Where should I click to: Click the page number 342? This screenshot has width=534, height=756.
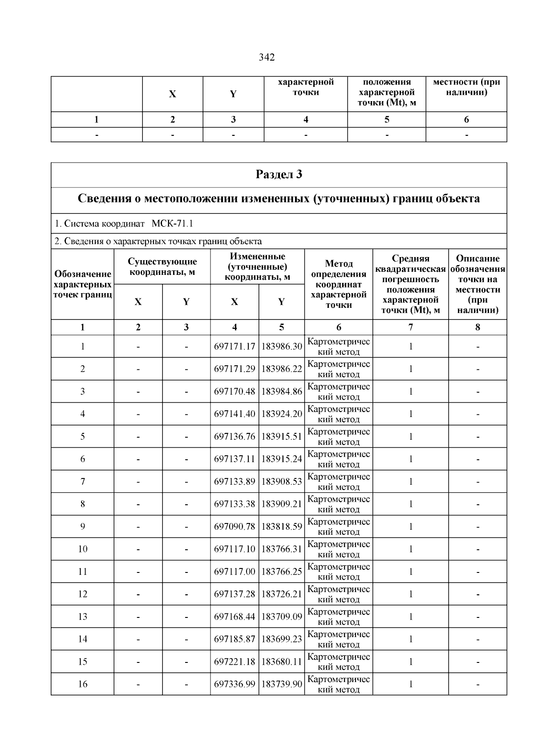[x=267, y=57]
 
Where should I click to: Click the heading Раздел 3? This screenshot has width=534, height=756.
[x=279, y=174]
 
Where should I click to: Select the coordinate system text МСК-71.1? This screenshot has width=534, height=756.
[x=172, y=223]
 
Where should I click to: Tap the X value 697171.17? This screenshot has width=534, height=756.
[x=235, y=347]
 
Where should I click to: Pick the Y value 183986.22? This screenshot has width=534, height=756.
[x=282, y=369]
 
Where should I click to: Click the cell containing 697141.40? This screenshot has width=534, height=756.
[x=235, y=414]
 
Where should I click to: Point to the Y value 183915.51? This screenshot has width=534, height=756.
[x=282, y=437]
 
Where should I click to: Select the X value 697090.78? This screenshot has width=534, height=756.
[x=235, y=527]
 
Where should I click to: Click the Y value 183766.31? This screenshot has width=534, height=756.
[x=282, y=549]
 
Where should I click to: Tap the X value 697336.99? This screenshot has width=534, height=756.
[x=235, y=684]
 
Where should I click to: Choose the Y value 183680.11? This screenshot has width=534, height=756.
[x=282, y=662]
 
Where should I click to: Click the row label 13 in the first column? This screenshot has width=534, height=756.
[x=83, y=617]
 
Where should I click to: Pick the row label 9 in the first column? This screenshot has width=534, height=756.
[x=83, y=527]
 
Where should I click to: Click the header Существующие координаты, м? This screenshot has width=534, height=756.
[x=162, y=267]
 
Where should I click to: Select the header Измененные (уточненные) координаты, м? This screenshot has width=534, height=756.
[x=257, y=267]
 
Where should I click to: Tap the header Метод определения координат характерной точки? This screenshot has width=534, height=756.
[x=339, y=284]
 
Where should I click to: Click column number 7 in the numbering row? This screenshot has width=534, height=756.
[x=410, y=327]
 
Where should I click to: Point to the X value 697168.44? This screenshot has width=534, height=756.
[x=235, y=617]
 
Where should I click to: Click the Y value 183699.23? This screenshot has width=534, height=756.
[x=282, y=639]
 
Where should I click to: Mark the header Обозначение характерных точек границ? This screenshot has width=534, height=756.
[x=83, y=284]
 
